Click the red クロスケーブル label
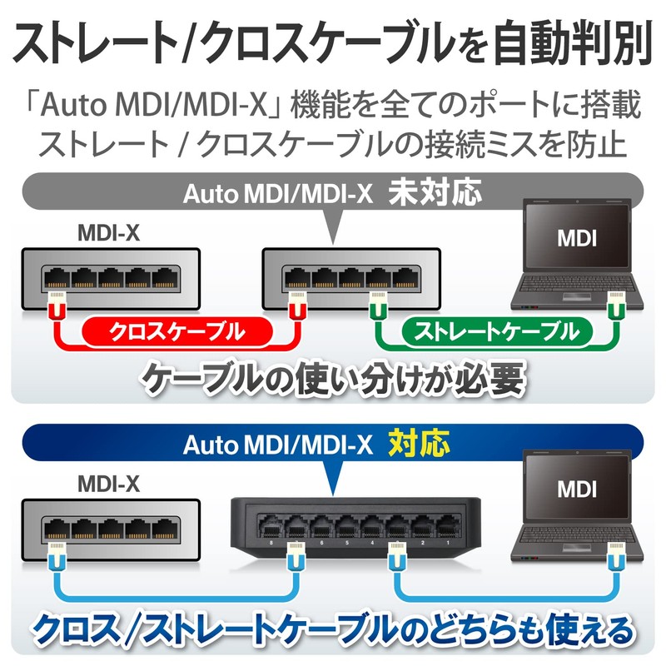(176, 333)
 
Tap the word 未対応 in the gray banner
(435, 194)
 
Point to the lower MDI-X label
(108, 483)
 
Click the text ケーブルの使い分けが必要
(333, 380)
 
